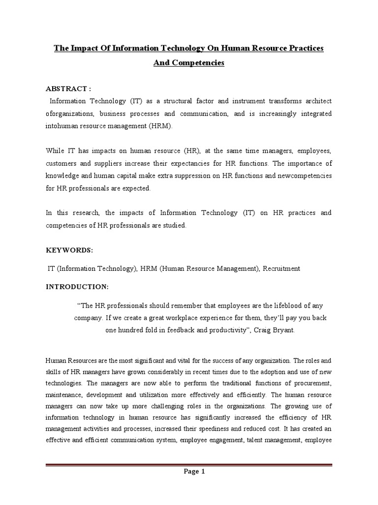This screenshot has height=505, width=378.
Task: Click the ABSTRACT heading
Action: (x=68, y=88)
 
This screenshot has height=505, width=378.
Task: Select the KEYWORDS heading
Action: (x=69, y=250)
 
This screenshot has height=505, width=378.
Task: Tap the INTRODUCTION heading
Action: (x=77, y=286)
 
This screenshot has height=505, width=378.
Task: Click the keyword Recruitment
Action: (x=281, y=268)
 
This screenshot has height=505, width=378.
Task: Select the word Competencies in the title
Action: (x=197, y=63)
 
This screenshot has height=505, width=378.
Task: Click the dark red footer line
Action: (x=189, y=464)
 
